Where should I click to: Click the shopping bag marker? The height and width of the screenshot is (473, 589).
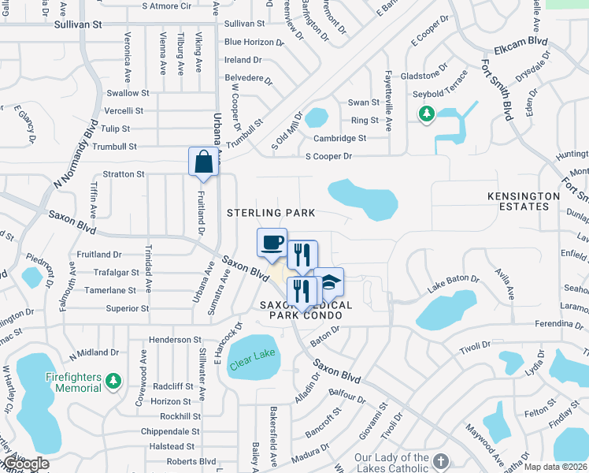coord(203,162)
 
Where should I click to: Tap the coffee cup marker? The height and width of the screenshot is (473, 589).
coord(272,242)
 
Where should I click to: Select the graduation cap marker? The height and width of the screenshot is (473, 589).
coord(328,282)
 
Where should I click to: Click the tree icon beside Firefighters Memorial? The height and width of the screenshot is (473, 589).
coord(114,382)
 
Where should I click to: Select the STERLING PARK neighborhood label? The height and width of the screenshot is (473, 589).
coord(271,213)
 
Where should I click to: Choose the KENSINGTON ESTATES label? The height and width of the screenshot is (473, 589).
coord(517,201)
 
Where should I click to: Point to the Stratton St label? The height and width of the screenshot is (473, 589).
coord(124,174)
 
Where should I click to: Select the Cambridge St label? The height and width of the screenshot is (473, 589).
coord(339,138)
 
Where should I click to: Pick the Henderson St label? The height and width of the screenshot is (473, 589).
coord(176,340)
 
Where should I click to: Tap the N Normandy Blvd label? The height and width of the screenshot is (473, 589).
coord(75,155)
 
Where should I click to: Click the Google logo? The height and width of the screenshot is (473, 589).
coord(25,464)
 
